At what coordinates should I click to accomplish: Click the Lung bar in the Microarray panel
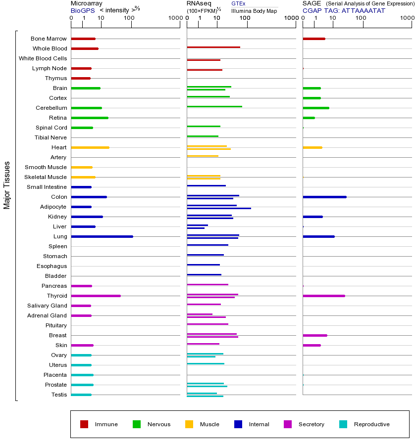[x=102, y=236]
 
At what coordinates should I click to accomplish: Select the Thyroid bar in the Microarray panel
[x=96, y=296]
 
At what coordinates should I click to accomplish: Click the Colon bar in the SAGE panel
[x=324, y=197]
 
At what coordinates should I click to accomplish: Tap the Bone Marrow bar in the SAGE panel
[x=313, y=39]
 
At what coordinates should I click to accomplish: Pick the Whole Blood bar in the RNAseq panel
[x=213, y=47]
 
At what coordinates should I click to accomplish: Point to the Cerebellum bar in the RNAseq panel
[x=214, y=106]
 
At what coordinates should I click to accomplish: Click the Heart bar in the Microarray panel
[x=90, y=147]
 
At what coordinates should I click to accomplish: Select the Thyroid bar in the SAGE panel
[x=323, y=296]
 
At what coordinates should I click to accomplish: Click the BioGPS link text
[x=82, y=10]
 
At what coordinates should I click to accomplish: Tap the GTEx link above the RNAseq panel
[x=238, y=3]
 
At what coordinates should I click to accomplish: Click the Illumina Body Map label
[x=254, y=11]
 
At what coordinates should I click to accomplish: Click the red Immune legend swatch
[x=84, y=424]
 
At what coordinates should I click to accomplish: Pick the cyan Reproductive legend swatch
[x=343, y=424]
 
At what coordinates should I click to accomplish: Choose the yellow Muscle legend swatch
[x=189, y=424]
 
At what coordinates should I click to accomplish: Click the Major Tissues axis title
[x=7, y=185]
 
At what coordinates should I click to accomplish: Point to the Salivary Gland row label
[x=47, y=306]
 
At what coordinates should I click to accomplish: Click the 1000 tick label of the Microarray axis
[x=174, y=18]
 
